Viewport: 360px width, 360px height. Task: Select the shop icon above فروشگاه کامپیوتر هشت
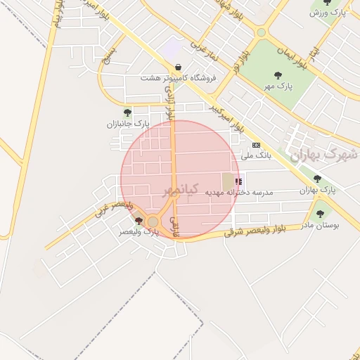(178, 67)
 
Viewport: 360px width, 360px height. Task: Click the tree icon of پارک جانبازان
(127, 112)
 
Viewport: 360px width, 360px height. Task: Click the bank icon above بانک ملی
(255, 144)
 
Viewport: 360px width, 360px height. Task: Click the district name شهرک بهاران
(320, 154)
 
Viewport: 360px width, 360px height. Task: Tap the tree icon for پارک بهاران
(317, 179)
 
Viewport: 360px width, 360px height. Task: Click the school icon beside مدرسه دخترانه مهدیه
(238, 181)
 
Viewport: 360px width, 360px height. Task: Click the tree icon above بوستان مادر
(320, 214)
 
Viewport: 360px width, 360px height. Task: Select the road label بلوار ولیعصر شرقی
(269, 231)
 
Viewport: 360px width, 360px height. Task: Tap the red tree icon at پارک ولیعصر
(138, 221)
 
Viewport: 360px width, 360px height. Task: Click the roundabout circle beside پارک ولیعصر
(153, 221)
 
